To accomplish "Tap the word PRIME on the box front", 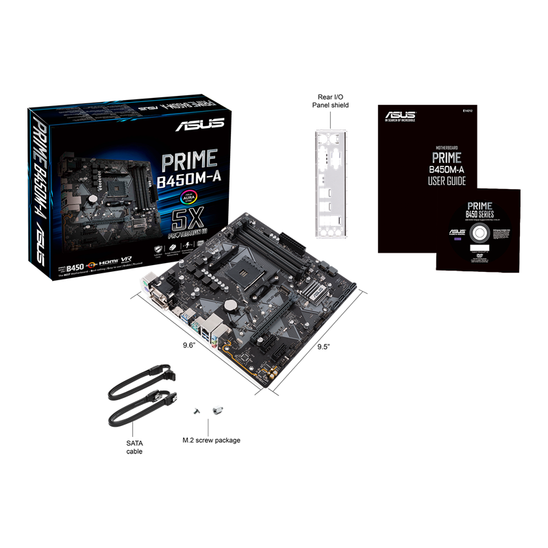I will coord(188,161).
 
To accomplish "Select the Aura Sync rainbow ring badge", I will coord(188,197).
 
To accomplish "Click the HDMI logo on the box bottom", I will coord(111,262).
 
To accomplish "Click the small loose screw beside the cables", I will coord(195,410).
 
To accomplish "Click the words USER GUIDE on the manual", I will coord(447,182).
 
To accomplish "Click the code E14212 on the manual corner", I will coord(467,110).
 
